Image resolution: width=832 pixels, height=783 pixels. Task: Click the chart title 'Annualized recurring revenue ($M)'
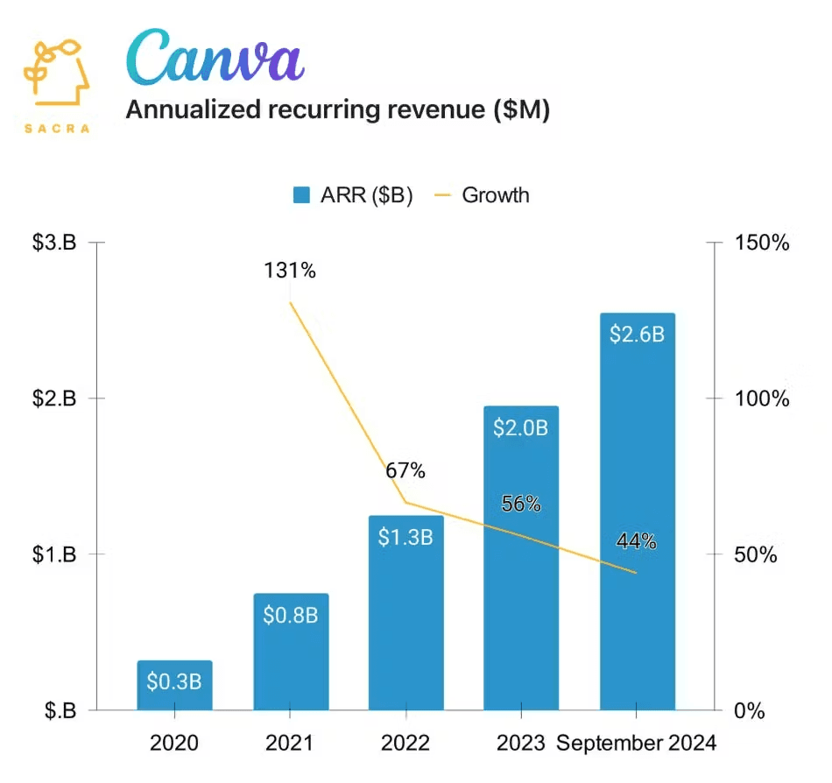[x=338, y=110]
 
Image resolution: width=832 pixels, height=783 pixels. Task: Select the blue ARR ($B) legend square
[x=301, y=195]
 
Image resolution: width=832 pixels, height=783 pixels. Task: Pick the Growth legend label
[x=495, y=194]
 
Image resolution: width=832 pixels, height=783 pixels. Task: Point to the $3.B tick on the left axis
[x=54, y=243]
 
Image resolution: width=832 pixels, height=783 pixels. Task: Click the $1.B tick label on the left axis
[x=54, y=554]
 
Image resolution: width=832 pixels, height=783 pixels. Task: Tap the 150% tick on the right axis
[x=762, y=243]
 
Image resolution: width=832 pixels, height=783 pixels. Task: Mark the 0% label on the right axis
[x=750, y=710]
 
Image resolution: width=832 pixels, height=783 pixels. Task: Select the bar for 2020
[x=174, y=685]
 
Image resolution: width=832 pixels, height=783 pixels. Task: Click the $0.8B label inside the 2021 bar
[x=290, y=615]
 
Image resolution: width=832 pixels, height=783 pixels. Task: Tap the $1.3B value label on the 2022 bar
[x=405, y=537]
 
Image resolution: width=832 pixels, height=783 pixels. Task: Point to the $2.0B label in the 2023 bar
[x=521, y=428]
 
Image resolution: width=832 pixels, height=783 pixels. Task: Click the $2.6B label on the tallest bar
[x=637, y=335]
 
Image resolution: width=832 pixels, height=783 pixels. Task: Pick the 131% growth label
[x=290, y=271]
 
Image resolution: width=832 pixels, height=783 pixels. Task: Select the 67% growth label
[x=405, y=471]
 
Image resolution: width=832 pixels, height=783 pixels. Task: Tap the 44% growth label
[x=637, y=541]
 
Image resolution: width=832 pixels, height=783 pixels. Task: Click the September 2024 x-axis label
[x=637, y=744]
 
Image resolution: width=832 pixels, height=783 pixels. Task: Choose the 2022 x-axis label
[x=405, y=744]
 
